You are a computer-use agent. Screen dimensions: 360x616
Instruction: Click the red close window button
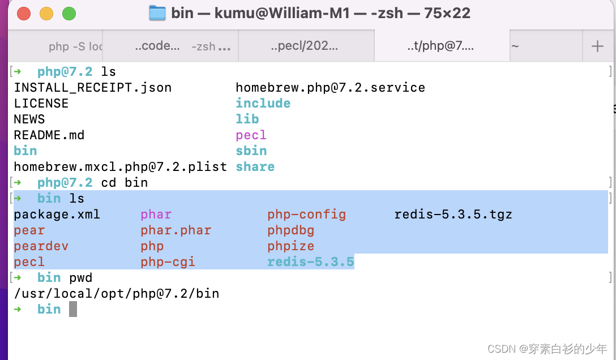pyautogui.click(x=24, y=13)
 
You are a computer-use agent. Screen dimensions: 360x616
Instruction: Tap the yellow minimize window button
pyautogui.click(x=46, y=13)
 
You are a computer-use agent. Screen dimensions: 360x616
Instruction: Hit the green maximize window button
pyautogui.click(x=69, y=13)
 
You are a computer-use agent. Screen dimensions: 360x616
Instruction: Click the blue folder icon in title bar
pyautogui.click(x=157, y=13)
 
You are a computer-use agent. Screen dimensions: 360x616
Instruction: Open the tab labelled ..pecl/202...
pyautogui.click(x=304, y=46)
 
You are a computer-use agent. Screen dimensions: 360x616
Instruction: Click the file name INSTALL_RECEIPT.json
pyautogui.click(x=92, y=88)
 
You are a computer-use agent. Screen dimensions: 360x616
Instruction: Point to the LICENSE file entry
pyautogui.click(x=41, y=104)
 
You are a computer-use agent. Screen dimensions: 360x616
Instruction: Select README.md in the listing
pyautogui.click(x=49, y=135)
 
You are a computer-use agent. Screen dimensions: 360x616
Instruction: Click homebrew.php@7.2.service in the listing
pyautogui.click(x=330, y=88)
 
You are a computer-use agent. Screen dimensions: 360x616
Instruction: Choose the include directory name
pyautogui.click(x=263, y=104)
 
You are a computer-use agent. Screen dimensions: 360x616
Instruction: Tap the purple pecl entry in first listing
pyautogui.click(x=251, y=135)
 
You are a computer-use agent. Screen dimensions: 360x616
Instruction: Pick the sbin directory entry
pyautogui.click(x=251, y=151)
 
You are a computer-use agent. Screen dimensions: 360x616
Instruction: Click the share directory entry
pyautogui.click(x=255, y=167)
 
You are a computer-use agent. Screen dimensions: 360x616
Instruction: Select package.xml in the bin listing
pyautogui.click(x=57, y=215)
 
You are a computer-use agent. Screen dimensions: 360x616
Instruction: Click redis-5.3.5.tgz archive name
pyautogui.click(x=453, y=215)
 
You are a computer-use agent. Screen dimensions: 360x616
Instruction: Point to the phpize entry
pyautogui.click(x=290, y=246)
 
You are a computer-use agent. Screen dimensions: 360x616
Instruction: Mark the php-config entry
pyautogui.click(x=306, y=215)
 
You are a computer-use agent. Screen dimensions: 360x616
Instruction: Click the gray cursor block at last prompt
pyautogui.click(x=72, y=309)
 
